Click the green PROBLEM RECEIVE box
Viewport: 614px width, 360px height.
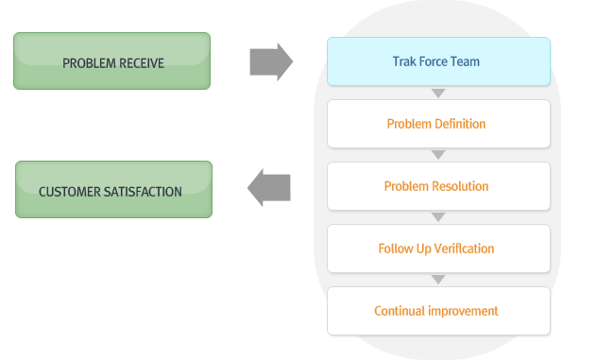(x=111, y=61)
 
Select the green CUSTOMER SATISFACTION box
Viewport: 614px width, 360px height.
(x=113, y=190)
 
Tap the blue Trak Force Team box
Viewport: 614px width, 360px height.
(x=438, y=61)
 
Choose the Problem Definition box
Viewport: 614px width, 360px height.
(x=438, y=124)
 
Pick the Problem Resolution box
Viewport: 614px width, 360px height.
(x=438, y=186)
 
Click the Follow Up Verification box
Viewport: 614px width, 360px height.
(x=438, y=249)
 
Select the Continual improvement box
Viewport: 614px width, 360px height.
(x=438, y=311)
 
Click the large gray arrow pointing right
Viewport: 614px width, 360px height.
(x=270, y=61)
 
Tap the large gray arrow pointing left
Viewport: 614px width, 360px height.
(x=268, y=188)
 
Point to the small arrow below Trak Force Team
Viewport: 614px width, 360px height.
(x=437, y=93)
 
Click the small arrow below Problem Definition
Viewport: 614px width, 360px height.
(x=437, y=155)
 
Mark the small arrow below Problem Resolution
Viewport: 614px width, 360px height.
(x=437, y=217)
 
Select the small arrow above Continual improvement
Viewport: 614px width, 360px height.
(x=437, y=280)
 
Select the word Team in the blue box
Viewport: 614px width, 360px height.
(x=466, y=61)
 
